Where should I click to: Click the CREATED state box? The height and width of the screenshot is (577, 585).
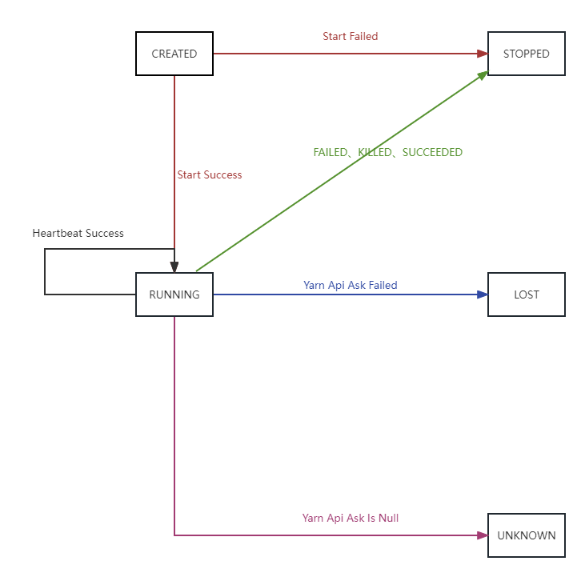coord(174,54)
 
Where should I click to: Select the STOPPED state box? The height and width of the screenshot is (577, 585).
coord(527,54)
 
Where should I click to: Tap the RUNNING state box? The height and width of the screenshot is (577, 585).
coord(174,295)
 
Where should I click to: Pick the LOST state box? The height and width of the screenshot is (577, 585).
coord(527,295)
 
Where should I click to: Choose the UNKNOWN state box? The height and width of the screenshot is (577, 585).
coord(527,535)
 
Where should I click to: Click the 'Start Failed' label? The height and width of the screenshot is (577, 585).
coord(351,36)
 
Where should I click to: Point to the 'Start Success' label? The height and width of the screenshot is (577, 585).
coord(210,175)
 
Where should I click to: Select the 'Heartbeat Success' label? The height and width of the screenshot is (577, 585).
coord(78,233)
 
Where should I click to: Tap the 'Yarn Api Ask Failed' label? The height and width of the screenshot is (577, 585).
coord(351,286)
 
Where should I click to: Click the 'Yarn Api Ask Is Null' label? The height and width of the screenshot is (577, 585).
coord(351,518)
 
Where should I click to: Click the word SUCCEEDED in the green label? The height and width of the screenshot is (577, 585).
coord(432,152)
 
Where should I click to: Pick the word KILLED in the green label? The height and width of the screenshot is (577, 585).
coord(375,152)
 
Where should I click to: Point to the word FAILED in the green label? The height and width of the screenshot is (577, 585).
coord(331,152)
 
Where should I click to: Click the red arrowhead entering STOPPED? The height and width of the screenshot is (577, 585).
coord(483,54)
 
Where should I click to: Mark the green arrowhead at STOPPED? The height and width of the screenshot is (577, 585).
coord(483,75)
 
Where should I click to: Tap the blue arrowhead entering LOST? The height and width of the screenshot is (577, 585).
coord(483,295)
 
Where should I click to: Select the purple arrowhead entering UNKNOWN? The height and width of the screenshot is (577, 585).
coord(483,535)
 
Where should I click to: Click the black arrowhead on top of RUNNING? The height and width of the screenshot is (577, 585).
coord(174,267)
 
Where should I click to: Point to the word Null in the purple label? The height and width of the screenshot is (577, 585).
coord(388,518)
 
